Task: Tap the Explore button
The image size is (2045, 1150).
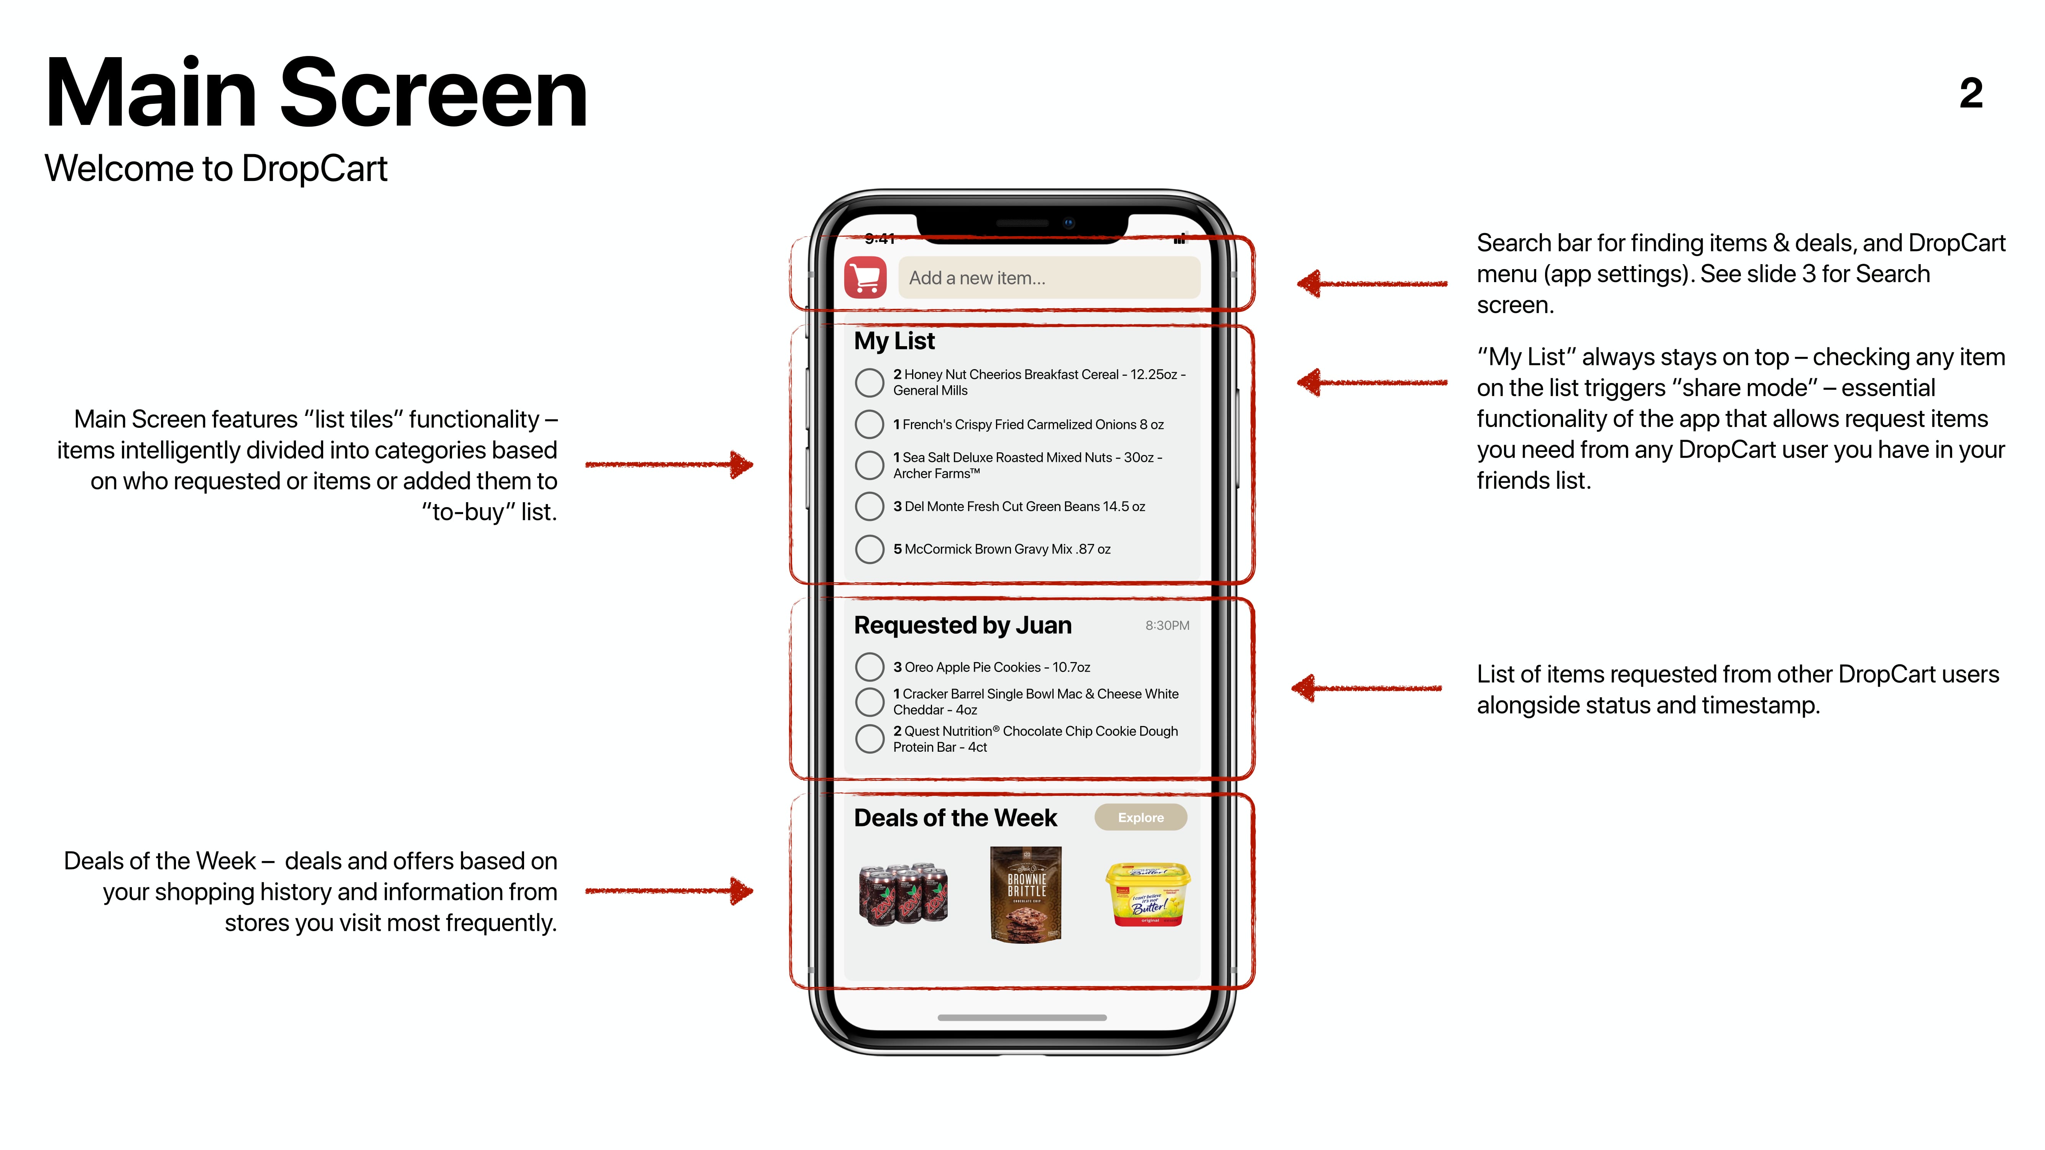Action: [x=1141, y=818]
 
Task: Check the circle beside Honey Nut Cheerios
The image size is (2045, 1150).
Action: [x=869, y=383]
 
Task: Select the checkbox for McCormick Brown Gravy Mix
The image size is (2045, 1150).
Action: [x=869, y=549]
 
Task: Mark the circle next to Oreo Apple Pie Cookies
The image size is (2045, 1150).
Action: [x=869, y=667]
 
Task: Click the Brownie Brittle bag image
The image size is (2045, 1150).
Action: [x=1026, y=894]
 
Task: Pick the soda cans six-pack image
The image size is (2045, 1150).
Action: [x=903, y=894]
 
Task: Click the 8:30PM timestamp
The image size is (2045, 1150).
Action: [x=1167, y=625]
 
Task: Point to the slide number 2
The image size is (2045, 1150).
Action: [x=1971, y=94]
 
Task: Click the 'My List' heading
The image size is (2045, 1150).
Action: [x=895, y=341]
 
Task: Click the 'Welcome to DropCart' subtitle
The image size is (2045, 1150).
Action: [x=216, y=168]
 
